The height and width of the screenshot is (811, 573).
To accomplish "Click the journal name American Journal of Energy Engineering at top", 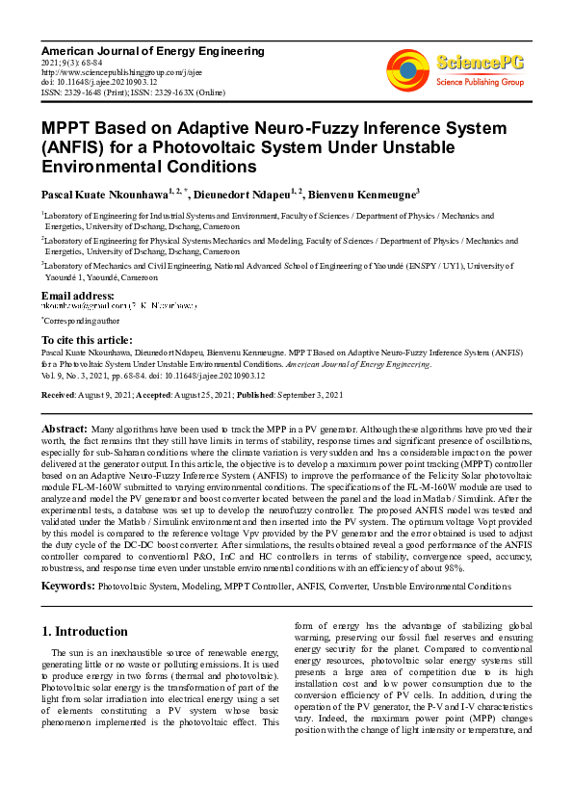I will pos(153,50).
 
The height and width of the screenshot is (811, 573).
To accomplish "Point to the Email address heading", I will pos(78,295).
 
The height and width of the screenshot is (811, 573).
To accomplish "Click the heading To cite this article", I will pos(87,340).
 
